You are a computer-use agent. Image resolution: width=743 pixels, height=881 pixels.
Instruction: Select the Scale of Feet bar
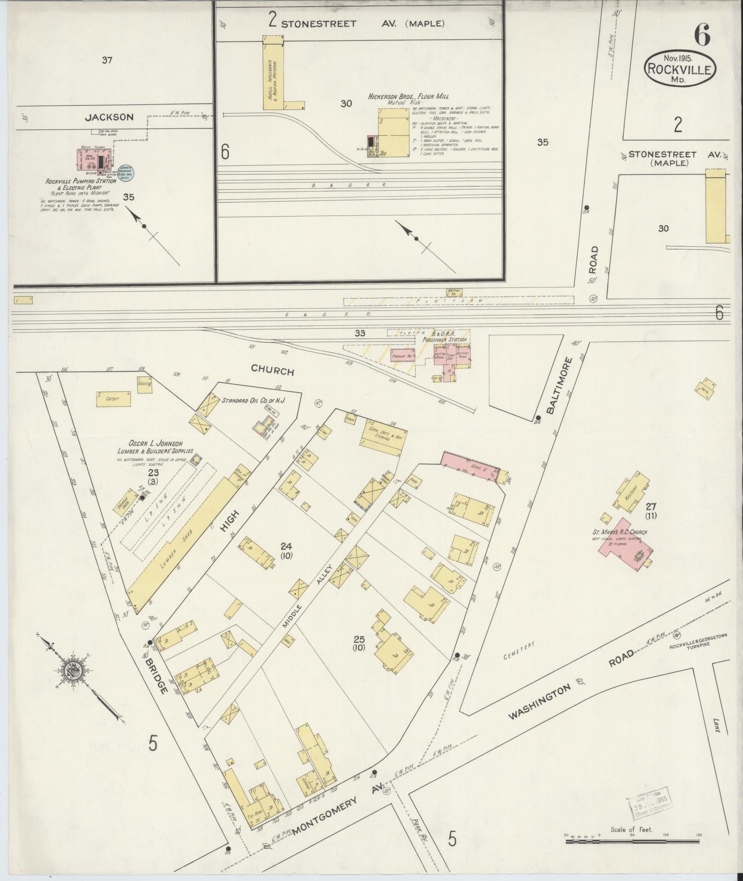pos(632,841)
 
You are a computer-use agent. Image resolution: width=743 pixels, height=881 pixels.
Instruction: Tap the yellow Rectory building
pos(632,491)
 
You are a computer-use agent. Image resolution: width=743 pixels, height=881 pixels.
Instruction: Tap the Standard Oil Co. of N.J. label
pos(254,401)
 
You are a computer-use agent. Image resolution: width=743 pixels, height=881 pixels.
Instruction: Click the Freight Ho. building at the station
pos(402,356)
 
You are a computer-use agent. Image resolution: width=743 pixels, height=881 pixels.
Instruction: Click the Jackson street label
pos(109,117)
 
